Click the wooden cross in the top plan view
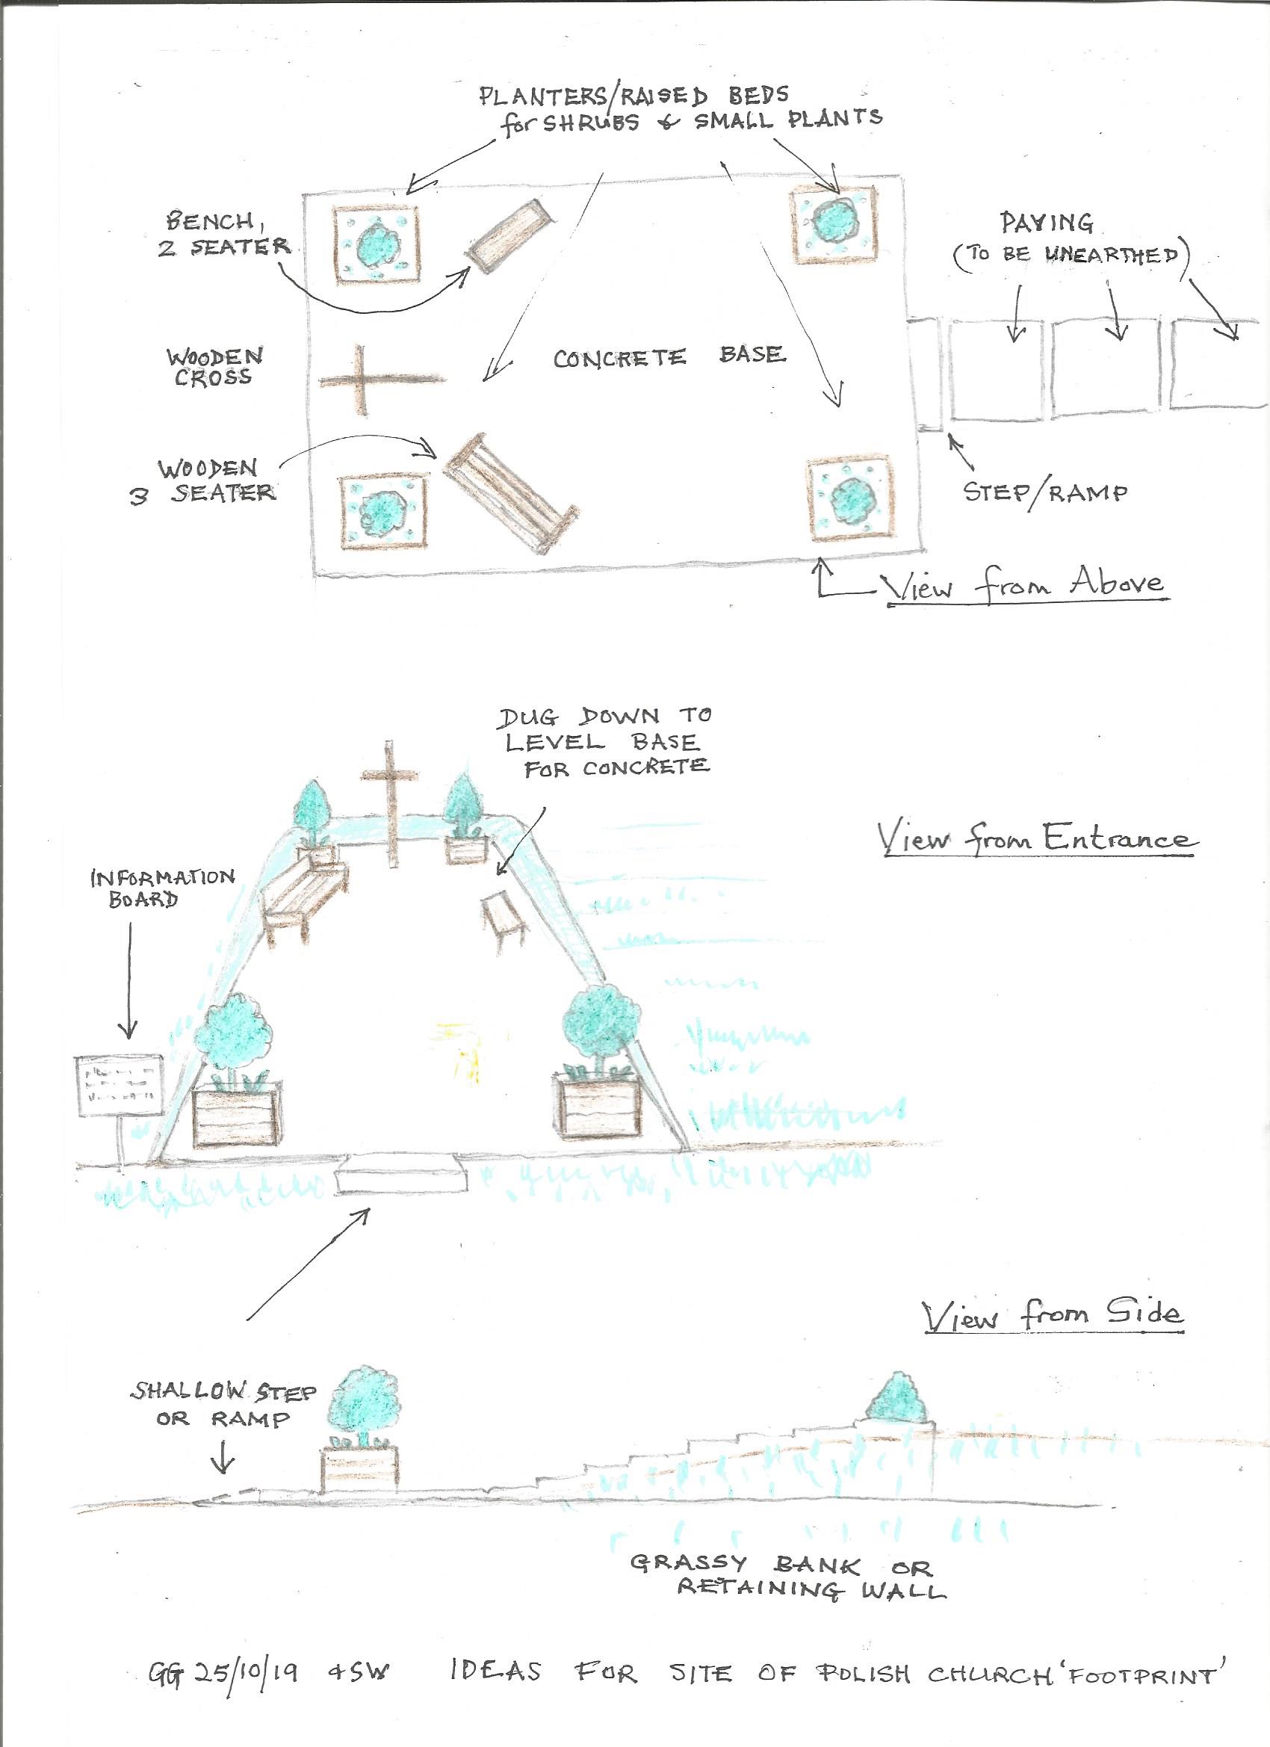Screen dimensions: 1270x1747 [x=362, y=380]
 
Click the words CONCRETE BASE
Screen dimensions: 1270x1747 [x=670, y=356]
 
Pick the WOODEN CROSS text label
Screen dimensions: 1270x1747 [x=214, y=368]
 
